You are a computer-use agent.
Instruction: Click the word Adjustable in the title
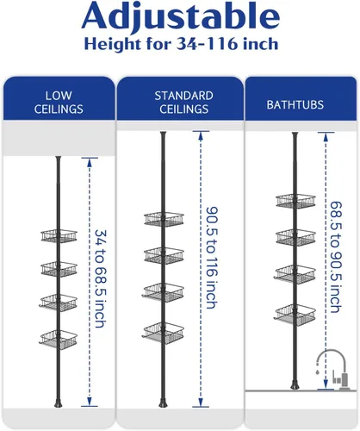181,16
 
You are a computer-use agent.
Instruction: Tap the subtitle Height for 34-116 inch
181,44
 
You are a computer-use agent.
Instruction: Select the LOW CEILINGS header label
59,103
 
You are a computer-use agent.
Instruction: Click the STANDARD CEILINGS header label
183,103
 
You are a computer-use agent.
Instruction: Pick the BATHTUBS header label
295,104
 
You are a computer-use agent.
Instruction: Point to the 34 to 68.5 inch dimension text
101,278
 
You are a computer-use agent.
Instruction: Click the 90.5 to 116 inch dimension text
212,258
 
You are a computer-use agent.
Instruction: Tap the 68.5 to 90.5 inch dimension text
336,257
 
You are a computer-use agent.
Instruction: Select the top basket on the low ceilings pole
59,236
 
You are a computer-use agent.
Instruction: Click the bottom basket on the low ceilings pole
59,339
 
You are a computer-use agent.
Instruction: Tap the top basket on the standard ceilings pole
164,219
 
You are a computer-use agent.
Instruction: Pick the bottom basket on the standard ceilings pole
163,333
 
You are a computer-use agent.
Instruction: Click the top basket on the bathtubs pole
295,201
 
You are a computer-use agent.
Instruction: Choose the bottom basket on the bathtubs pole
295,315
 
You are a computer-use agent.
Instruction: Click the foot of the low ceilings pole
59,403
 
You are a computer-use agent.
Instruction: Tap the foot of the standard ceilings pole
163,403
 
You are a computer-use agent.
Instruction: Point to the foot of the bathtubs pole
295,385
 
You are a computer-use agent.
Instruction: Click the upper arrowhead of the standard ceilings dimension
201,135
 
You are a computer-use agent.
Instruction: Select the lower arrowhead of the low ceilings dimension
90,402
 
